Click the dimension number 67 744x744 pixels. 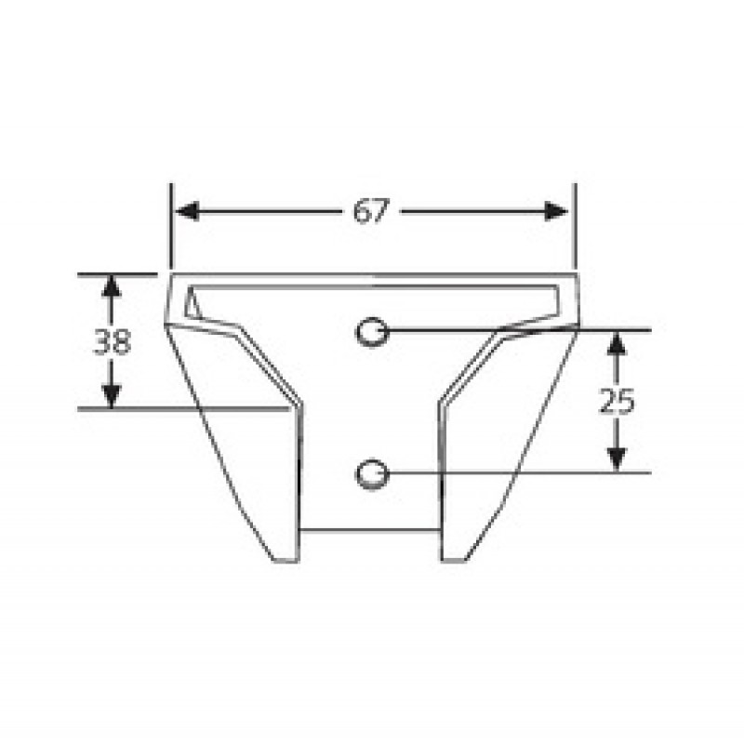click(371, 211)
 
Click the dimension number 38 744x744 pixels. click(112, 341)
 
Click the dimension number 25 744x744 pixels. click(617, 402)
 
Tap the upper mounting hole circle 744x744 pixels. click(373, 332)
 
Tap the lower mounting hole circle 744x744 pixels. click(373, 473)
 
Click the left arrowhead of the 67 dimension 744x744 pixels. click(187, 211)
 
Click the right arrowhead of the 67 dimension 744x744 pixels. click(556, 211)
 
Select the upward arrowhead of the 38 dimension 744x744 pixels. click(111, 286)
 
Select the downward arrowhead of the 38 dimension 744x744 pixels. click(111, 397)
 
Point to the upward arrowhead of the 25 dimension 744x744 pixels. click(617, 343)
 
